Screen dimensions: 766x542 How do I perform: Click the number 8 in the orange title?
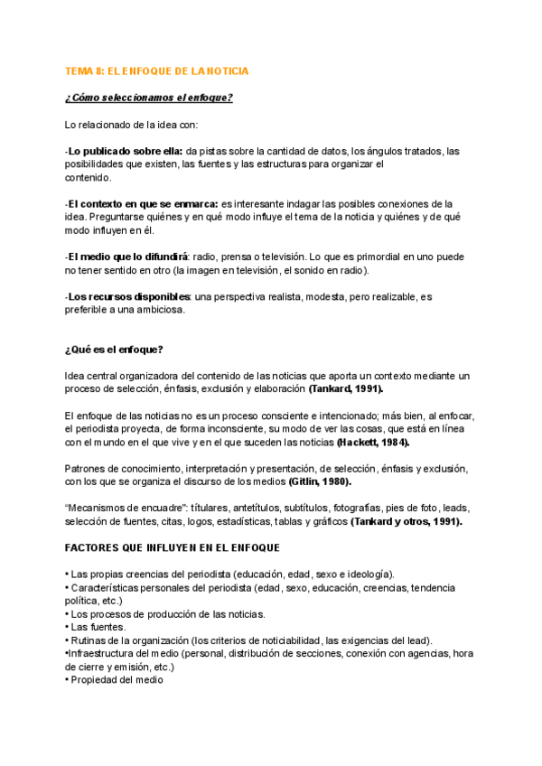pos(103,70)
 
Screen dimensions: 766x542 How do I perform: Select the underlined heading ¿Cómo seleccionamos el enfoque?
pos(149,98)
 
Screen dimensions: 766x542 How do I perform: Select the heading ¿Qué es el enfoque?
pos(113,350)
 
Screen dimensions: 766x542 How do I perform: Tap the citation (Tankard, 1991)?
pos(345,389)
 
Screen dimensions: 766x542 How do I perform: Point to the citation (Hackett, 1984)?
pos(373,443)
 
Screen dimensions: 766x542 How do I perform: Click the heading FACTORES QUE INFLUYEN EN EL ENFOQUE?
pos(173,548)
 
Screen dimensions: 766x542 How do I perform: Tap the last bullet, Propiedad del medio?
pos(114,680)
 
